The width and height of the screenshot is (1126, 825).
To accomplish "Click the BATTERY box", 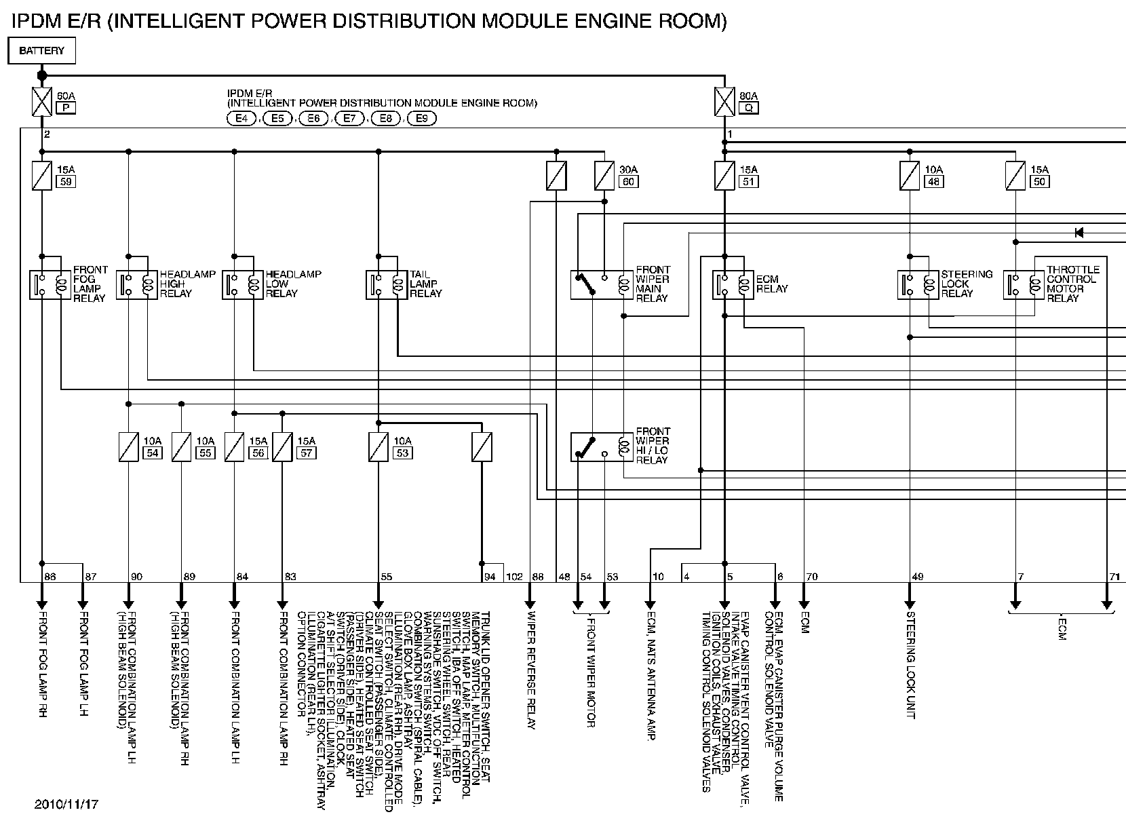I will (x=41, y=51).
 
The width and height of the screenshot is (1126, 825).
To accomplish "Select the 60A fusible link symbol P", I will (x=42, y=102).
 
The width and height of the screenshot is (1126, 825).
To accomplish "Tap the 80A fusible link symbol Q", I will (x=725, y=102).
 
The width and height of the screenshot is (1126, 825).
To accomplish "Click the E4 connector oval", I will (x=241, y=119).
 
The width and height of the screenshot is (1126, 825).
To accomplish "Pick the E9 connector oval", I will (x=421, y=119).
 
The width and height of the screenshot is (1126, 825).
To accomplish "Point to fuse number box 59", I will (x=66, y=182).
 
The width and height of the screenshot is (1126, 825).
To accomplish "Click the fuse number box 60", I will (x=628, y=182).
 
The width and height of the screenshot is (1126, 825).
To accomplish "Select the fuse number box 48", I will (x=933, y=182).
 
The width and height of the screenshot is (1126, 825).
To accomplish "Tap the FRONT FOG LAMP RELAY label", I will (x=90, y=284).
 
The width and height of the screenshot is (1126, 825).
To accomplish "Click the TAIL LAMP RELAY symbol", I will (x=385, y=284).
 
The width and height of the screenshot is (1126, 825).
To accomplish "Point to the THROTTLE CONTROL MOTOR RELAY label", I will (x=1071, y=284).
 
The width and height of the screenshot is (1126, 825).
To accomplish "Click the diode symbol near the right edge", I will (x=1079, y=233).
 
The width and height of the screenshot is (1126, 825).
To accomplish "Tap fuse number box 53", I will (x=402, y=453).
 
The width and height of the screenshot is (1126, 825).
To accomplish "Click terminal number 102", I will (x=514, y=577).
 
